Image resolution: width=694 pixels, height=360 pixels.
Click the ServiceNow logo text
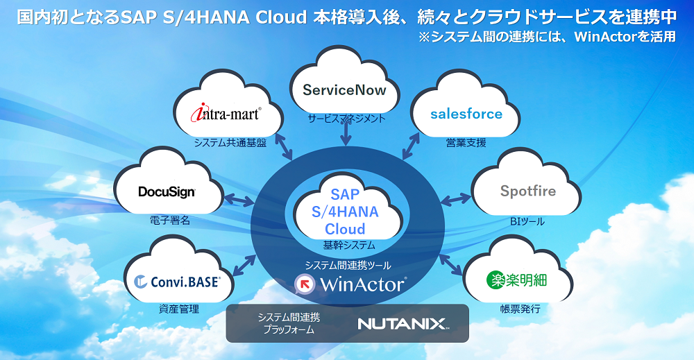344,91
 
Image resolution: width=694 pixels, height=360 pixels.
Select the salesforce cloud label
466,113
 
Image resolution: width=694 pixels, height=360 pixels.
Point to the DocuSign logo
167,191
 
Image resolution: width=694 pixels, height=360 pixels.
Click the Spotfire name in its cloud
528,190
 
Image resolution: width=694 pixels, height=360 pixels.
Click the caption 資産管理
179,309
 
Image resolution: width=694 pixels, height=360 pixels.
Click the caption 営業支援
466,143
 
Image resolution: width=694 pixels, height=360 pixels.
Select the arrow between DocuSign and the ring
239,201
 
